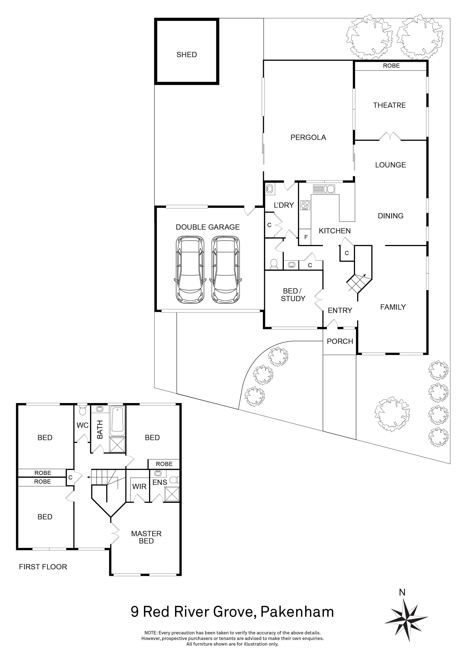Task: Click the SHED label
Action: coord(187,55)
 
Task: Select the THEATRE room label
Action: coord(389,105)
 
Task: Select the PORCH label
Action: coord(340,341)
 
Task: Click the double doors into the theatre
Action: coord(390,137)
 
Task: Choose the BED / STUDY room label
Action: coord(293,295)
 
